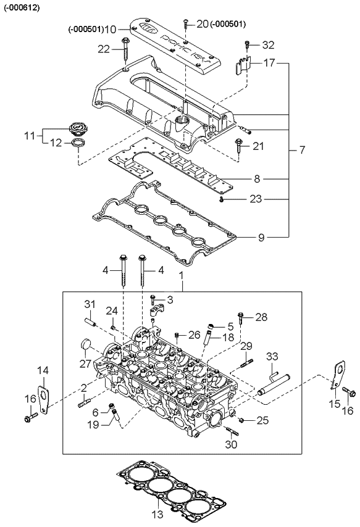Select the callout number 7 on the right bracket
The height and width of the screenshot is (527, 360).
(302, 150)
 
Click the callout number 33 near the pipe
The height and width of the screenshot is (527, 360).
(272, 357)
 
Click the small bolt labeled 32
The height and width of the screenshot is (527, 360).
(247, 44)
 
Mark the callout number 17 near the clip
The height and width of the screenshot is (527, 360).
(269, 63)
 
